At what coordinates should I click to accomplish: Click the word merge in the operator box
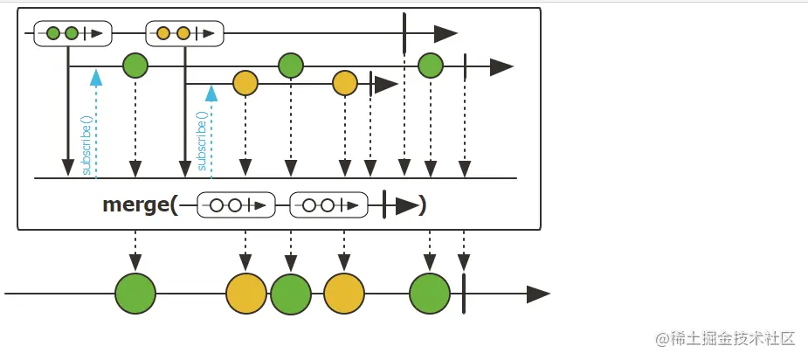135,205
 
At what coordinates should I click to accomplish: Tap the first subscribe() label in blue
86,145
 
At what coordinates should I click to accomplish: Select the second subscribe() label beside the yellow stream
203,141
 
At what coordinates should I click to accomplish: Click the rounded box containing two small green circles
73,34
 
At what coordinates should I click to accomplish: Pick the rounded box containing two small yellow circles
184,34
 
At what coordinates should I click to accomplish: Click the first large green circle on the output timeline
135,294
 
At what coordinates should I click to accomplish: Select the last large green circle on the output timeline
430,294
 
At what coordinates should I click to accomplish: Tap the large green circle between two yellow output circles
291,294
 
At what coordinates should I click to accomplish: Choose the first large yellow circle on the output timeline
246,294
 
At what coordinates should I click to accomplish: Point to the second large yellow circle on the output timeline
344,294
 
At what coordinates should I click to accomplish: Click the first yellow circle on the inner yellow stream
245,84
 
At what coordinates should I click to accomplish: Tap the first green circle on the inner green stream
135,66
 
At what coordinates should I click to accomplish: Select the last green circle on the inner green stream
430,66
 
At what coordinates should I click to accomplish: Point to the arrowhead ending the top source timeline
445,34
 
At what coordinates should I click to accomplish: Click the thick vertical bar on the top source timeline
404,33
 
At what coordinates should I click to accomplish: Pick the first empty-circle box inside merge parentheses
236,205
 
